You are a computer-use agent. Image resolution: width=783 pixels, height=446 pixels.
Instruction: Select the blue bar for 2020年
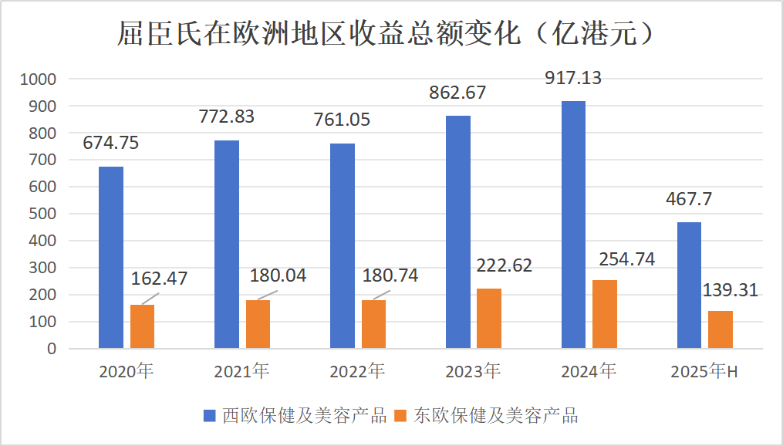click(111, 257)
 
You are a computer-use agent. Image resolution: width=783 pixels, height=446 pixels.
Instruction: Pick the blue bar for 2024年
click(573, 225)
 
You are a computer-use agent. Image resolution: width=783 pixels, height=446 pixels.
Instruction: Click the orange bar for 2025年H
click(720, 329)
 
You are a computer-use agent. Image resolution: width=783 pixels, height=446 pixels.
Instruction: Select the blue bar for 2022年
click(343, 245)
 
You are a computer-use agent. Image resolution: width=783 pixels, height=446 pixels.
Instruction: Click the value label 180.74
click(390, 275)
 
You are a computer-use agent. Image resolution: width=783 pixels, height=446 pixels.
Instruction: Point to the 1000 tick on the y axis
click(39, 79)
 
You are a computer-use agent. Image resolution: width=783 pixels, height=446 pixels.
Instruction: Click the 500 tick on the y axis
click(42, 214)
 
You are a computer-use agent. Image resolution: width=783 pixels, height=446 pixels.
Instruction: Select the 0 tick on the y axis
click(52, 349)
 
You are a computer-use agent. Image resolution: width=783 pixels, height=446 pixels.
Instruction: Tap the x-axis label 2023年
click(473, 372)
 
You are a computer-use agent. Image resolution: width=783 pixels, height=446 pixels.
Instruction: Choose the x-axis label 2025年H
click(704, 372)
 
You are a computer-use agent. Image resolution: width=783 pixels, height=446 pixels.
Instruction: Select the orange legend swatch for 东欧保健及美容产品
click(400, 416)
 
